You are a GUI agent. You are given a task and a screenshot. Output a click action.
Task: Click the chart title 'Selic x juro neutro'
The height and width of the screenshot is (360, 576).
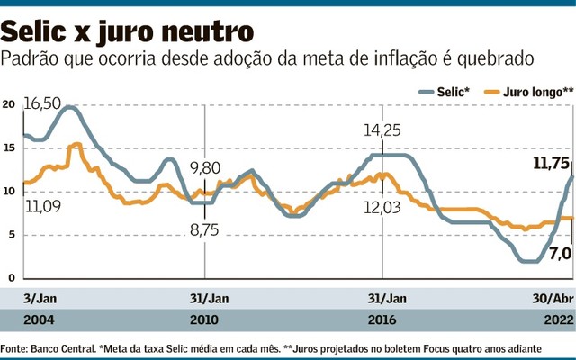click(x=121, y=32)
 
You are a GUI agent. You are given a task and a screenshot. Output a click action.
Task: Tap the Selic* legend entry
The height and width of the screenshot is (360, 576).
click(x=447, y=91)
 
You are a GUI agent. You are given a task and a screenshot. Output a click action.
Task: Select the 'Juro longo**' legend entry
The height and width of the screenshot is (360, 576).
click(x=529, y=91)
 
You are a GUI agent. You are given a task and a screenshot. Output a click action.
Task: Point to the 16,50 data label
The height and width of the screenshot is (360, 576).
click(x=42, y=103)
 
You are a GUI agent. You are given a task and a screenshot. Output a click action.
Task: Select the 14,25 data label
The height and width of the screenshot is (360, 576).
click(x=382, y=131)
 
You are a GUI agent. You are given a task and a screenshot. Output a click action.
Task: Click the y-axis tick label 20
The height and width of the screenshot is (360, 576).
click(x=9, y=104)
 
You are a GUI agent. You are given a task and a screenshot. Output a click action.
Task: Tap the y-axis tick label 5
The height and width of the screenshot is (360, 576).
click(x=11, y=236)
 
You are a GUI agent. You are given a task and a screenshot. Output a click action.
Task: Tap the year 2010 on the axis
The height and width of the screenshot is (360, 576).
click(x=205, y=319)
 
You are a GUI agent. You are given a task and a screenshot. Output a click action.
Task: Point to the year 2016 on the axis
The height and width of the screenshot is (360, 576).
click(x=382, y=319)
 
